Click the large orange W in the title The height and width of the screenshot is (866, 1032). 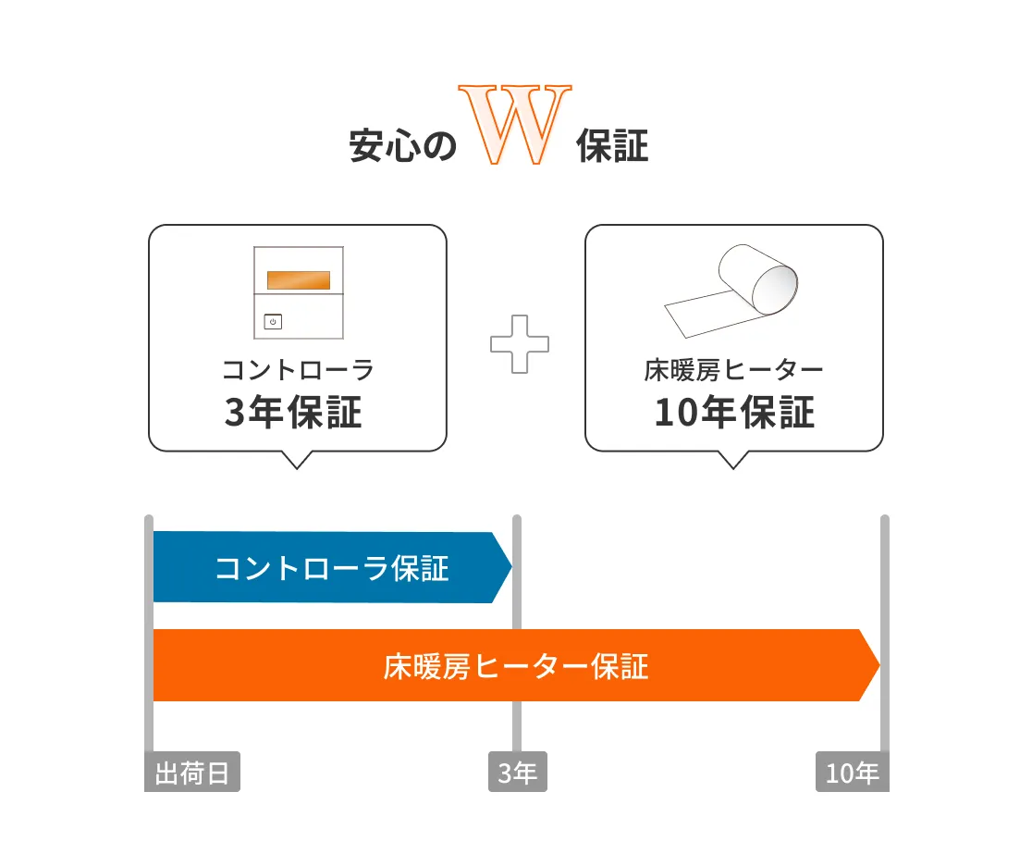click(515, 125)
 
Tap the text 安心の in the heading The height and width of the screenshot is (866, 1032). click(402, 145)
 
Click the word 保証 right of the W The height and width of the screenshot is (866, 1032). click(612, 145)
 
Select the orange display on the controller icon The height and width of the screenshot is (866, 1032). click(298, 280)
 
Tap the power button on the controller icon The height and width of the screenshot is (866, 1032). click(273, 321)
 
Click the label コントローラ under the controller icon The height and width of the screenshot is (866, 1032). click(298, 370)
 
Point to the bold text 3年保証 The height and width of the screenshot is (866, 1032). click(293, 413)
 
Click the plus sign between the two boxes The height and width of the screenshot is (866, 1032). click(520, 344)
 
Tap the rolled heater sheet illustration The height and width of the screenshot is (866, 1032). click(731, 291)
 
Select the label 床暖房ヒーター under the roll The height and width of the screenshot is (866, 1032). click(733, 370)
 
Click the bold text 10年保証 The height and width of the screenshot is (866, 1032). click(734, 413)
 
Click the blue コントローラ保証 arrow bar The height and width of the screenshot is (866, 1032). click(332, 567)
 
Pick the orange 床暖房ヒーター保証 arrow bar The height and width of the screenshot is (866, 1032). click(517, 665)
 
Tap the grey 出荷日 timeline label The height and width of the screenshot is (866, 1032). click(192, 772)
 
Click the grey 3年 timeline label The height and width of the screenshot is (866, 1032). click(517, 772)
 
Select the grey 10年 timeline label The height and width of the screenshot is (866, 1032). click(853, 772)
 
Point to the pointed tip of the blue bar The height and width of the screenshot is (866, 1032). click(511, 567)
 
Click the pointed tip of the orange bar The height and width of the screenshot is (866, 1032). click(879, 665)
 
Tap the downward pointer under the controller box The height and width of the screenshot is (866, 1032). click(297, 460)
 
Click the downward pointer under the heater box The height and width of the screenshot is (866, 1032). click(733, 460)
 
